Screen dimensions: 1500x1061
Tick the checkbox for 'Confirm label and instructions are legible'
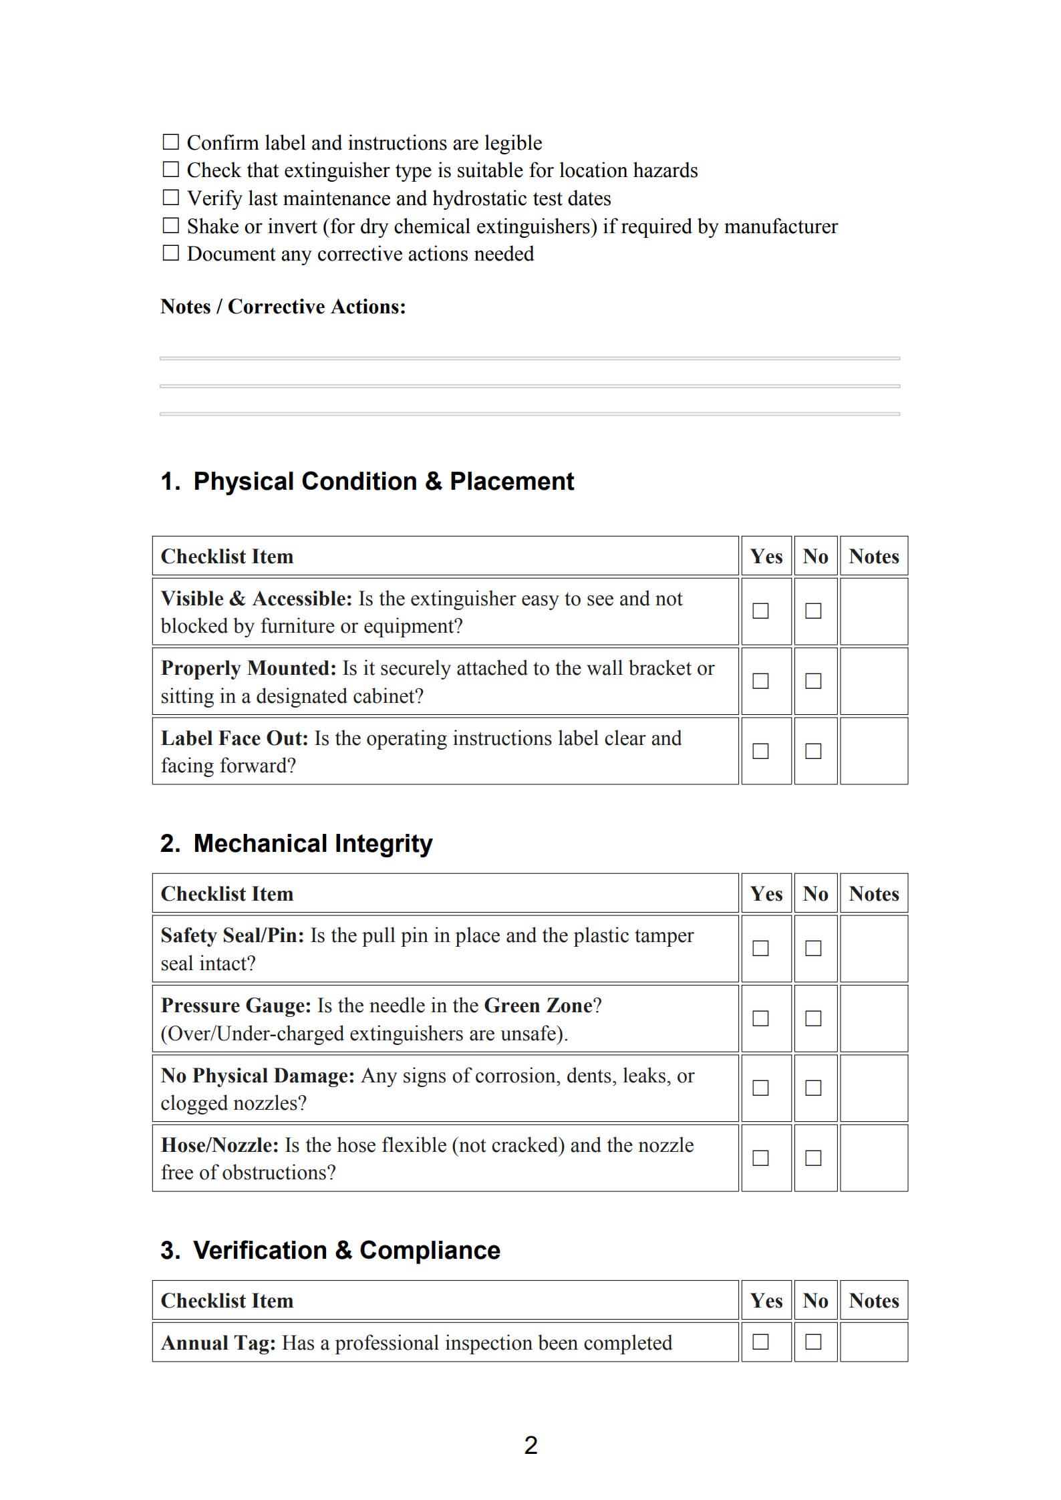[171, 142]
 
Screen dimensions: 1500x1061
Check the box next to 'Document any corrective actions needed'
[171, 253]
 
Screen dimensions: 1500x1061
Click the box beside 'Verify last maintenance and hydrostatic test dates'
[171, 198]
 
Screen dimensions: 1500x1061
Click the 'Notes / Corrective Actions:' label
[283, 307]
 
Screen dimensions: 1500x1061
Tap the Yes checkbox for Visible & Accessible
[760, 611]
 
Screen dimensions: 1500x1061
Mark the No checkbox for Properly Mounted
[813, 681]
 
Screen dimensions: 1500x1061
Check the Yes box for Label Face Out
[760, 751]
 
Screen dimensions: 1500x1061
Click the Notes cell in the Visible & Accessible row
[873, 611]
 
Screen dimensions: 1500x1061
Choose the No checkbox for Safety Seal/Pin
[813, 948]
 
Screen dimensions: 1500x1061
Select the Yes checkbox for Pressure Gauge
[760, 1018]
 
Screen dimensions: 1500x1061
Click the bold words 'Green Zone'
[538, 1006]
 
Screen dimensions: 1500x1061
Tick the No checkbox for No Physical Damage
[813, 1088]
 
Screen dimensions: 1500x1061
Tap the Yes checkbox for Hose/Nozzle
[760, 1158]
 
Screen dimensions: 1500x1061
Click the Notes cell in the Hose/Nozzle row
[873, 1158]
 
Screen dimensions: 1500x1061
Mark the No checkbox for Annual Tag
[813, 1342]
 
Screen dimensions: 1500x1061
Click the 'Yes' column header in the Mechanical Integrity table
[766, 893]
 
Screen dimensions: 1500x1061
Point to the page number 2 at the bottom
[530, 1445]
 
